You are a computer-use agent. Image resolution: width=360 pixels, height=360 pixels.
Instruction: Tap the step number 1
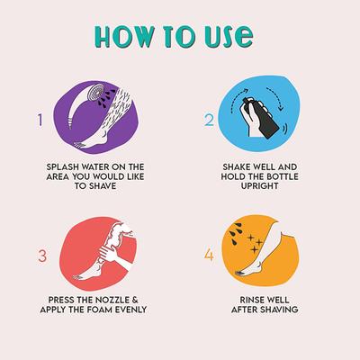click(39, 119)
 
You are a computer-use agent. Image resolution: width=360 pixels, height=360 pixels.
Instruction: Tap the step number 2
click(209, 119)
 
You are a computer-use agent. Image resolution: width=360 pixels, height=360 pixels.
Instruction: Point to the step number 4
click(209, 255)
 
